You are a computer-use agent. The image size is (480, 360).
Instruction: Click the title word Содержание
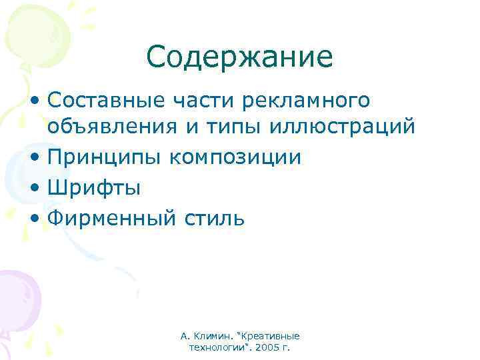[239, 57]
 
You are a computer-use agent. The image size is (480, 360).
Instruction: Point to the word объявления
[111, 125]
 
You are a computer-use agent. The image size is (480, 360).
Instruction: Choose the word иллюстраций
[341, 125]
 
